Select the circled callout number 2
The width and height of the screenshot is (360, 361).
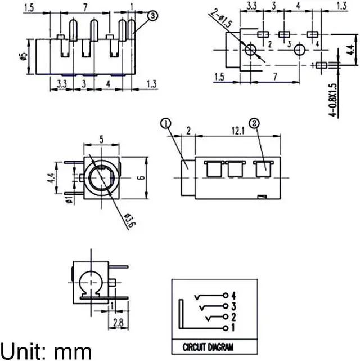[254, 123]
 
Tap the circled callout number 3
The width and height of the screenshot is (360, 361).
[154, 16]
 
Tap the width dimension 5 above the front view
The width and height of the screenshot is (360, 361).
[101, 138]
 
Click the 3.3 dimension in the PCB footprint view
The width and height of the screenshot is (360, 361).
[252, 6]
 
